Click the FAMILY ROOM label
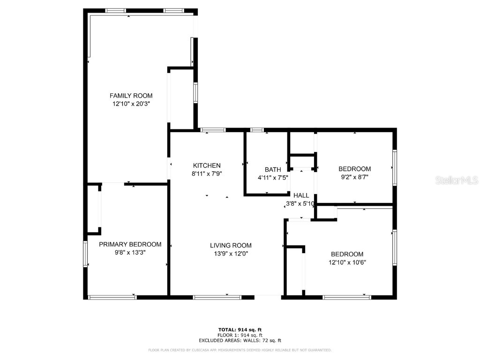[131, 96]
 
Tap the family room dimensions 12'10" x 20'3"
[131, 104]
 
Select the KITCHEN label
[207, 165]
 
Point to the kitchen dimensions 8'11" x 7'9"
[207, 173]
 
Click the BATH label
[273, 170]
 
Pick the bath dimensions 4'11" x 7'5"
[273, 178]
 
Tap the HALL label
[301, 195]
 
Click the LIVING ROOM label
[231, 245]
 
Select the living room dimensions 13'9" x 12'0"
[231, 254]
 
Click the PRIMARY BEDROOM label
[130, 244]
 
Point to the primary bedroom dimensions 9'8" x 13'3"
[130, 252]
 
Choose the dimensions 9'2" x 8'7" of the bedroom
[354, 178]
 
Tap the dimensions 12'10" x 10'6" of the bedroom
[347, 262]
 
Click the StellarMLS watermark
[457, 180]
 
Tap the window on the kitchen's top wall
[213, 129]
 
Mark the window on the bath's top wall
[257, 129]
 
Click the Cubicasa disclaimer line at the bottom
[240, 350]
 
